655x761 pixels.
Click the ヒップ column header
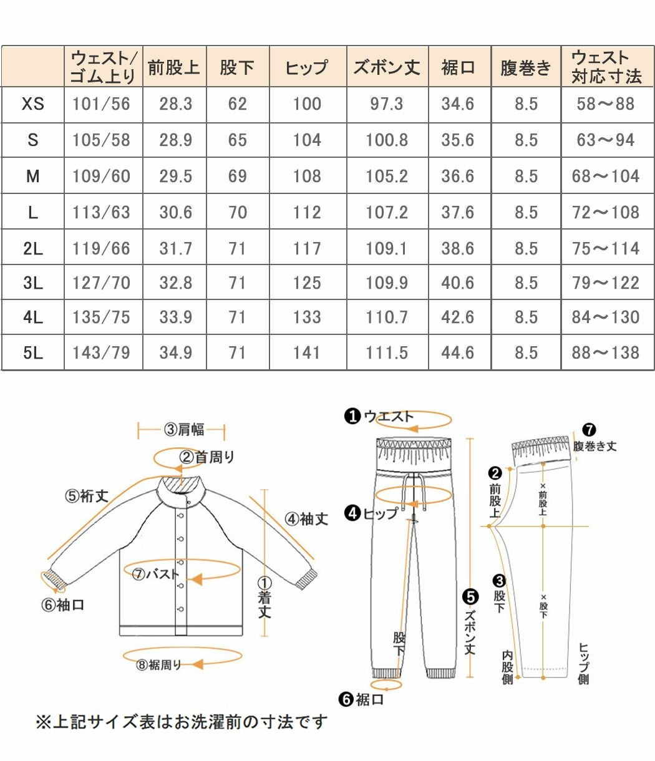(x=307, y=67)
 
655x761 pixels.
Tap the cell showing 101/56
(x=101, y=104)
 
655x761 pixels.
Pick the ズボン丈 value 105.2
(x=386, y=177)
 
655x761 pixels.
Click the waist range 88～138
(x=606, y=353)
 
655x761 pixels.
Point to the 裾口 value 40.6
(x=458, y=283)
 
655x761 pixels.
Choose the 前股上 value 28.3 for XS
(x=175, y=104)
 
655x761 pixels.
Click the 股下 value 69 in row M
(x=237, y=177)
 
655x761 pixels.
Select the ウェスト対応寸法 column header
(x=606, y=67)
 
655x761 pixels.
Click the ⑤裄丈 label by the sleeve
(x=87, y=496)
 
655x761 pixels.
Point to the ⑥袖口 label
(x=62, y=604)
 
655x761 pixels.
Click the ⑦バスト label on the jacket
(x=155, y=574)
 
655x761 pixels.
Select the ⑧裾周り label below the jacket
(x=159, y=665)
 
